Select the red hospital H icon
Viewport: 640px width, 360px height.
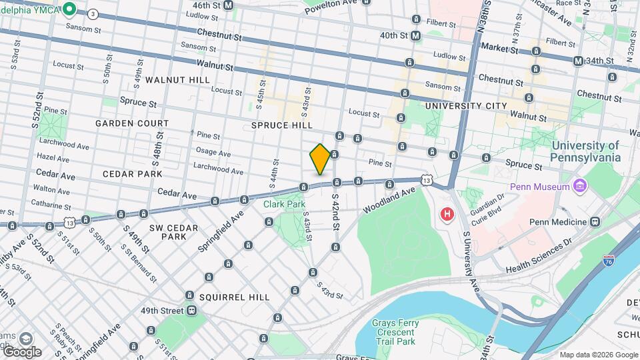point(447,215)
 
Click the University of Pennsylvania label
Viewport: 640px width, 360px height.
point(585,151)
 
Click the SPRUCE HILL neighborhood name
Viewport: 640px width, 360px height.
point(282,125)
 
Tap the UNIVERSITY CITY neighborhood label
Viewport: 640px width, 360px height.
point(465,106)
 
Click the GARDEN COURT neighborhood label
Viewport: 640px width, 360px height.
point(131,123)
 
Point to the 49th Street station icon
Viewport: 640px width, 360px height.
point(191,311)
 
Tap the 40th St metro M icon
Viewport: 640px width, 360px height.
point(415,35)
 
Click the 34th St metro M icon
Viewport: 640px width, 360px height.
point(578,61)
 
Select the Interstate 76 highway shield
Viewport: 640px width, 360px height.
point(607,261)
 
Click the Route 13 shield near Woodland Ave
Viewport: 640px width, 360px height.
point(425,180)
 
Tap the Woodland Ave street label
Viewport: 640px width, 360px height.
point(389,201)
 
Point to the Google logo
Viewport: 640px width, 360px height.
point(21,351)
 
